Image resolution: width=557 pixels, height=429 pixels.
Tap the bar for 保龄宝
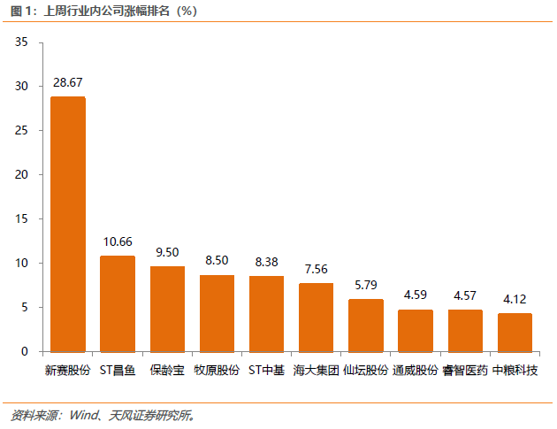167,309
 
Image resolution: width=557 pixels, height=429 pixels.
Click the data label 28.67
68,82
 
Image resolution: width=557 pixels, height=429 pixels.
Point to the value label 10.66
118,241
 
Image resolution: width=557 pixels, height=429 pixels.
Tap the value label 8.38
266,262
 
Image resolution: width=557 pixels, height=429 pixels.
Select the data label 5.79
365,285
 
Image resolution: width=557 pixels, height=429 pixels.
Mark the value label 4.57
465,295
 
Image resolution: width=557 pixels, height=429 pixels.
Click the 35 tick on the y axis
22,42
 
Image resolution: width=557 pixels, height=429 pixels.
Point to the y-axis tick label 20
22,175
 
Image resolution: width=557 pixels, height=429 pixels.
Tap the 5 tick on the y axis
26,307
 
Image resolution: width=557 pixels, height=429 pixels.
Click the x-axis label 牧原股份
217,370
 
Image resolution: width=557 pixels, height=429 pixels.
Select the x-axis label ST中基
266,370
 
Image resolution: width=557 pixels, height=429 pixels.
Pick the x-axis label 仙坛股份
365,370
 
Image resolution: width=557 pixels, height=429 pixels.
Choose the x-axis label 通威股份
416,370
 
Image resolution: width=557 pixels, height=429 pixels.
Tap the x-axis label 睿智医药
465,370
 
